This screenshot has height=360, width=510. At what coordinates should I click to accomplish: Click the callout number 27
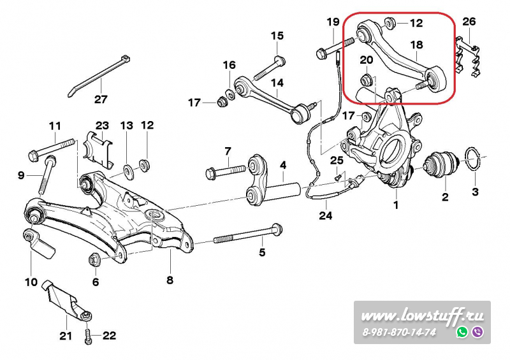pyautogui.click(x=101, y=99)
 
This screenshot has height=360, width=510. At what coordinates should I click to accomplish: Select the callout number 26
pyautogui.click(x=469, y=22)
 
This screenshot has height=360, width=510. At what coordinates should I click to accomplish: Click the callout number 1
pyautogui.click(x=396, y=205)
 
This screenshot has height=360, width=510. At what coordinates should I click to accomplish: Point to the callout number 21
pyautogui.click(x=66, y=336)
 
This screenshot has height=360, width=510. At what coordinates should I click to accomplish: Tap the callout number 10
pyautogui.click(x=31, y=282)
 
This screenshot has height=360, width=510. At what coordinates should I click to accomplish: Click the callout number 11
pyautogui.click(x=55, y=126)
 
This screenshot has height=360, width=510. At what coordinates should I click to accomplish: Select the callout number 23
pyautogui.click(x=103, y=126)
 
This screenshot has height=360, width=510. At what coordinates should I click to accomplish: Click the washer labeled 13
pyautogui.click(x=127, y=170)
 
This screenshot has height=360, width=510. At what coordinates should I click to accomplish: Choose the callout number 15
pyautogui.click(x=277, y=36)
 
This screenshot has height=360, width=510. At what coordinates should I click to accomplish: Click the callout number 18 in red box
pyautogui.click(x=416, y=45)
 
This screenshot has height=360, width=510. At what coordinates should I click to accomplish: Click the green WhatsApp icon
pyautogui.click(x=462, y=332)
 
